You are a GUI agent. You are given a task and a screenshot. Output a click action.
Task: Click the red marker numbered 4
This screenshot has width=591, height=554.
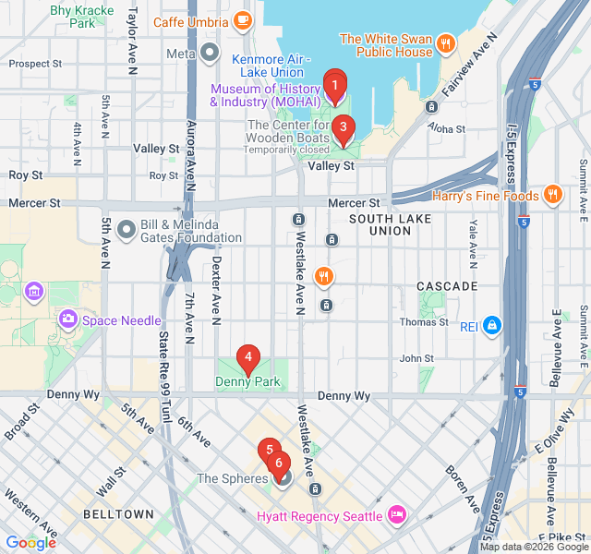click(247, 357)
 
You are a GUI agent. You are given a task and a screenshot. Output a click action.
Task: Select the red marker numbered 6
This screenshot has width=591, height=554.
click(279, 462)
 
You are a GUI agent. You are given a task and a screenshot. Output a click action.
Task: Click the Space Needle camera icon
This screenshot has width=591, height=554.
click(67, 319)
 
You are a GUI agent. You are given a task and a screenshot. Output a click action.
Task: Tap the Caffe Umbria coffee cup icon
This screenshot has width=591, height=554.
click(243, 20)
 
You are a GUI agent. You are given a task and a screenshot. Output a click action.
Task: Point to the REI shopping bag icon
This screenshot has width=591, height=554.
click(493, 324)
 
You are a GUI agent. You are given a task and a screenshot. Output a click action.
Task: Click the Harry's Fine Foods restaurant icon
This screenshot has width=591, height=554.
click(552, 195)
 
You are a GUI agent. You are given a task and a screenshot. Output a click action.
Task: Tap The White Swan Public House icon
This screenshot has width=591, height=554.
click(446, 43)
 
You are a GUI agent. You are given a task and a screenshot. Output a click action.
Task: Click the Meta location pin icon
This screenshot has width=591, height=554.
click(210, 54)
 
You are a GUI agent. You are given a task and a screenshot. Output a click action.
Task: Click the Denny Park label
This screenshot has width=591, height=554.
click(247, 381)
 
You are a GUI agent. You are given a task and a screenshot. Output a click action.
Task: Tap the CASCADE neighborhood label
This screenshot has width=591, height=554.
click(447, 286)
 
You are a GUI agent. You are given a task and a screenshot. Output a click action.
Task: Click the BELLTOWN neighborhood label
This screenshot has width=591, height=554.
click(118, 513)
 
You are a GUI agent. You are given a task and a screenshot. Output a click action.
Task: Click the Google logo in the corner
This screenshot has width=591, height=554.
click(30, 543)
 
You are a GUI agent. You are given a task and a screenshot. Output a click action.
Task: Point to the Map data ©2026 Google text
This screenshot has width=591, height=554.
click(533, 547)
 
